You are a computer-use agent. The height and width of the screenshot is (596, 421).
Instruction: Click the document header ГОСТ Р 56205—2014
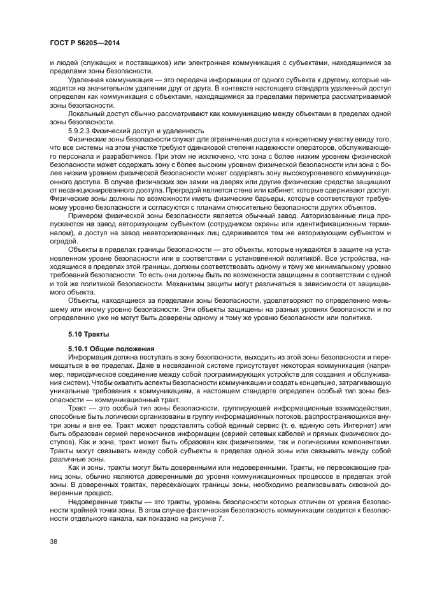tap(84, 42)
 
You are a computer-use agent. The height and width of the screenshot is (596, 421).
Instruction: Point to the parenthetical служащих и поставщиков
tap(114, 62)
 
